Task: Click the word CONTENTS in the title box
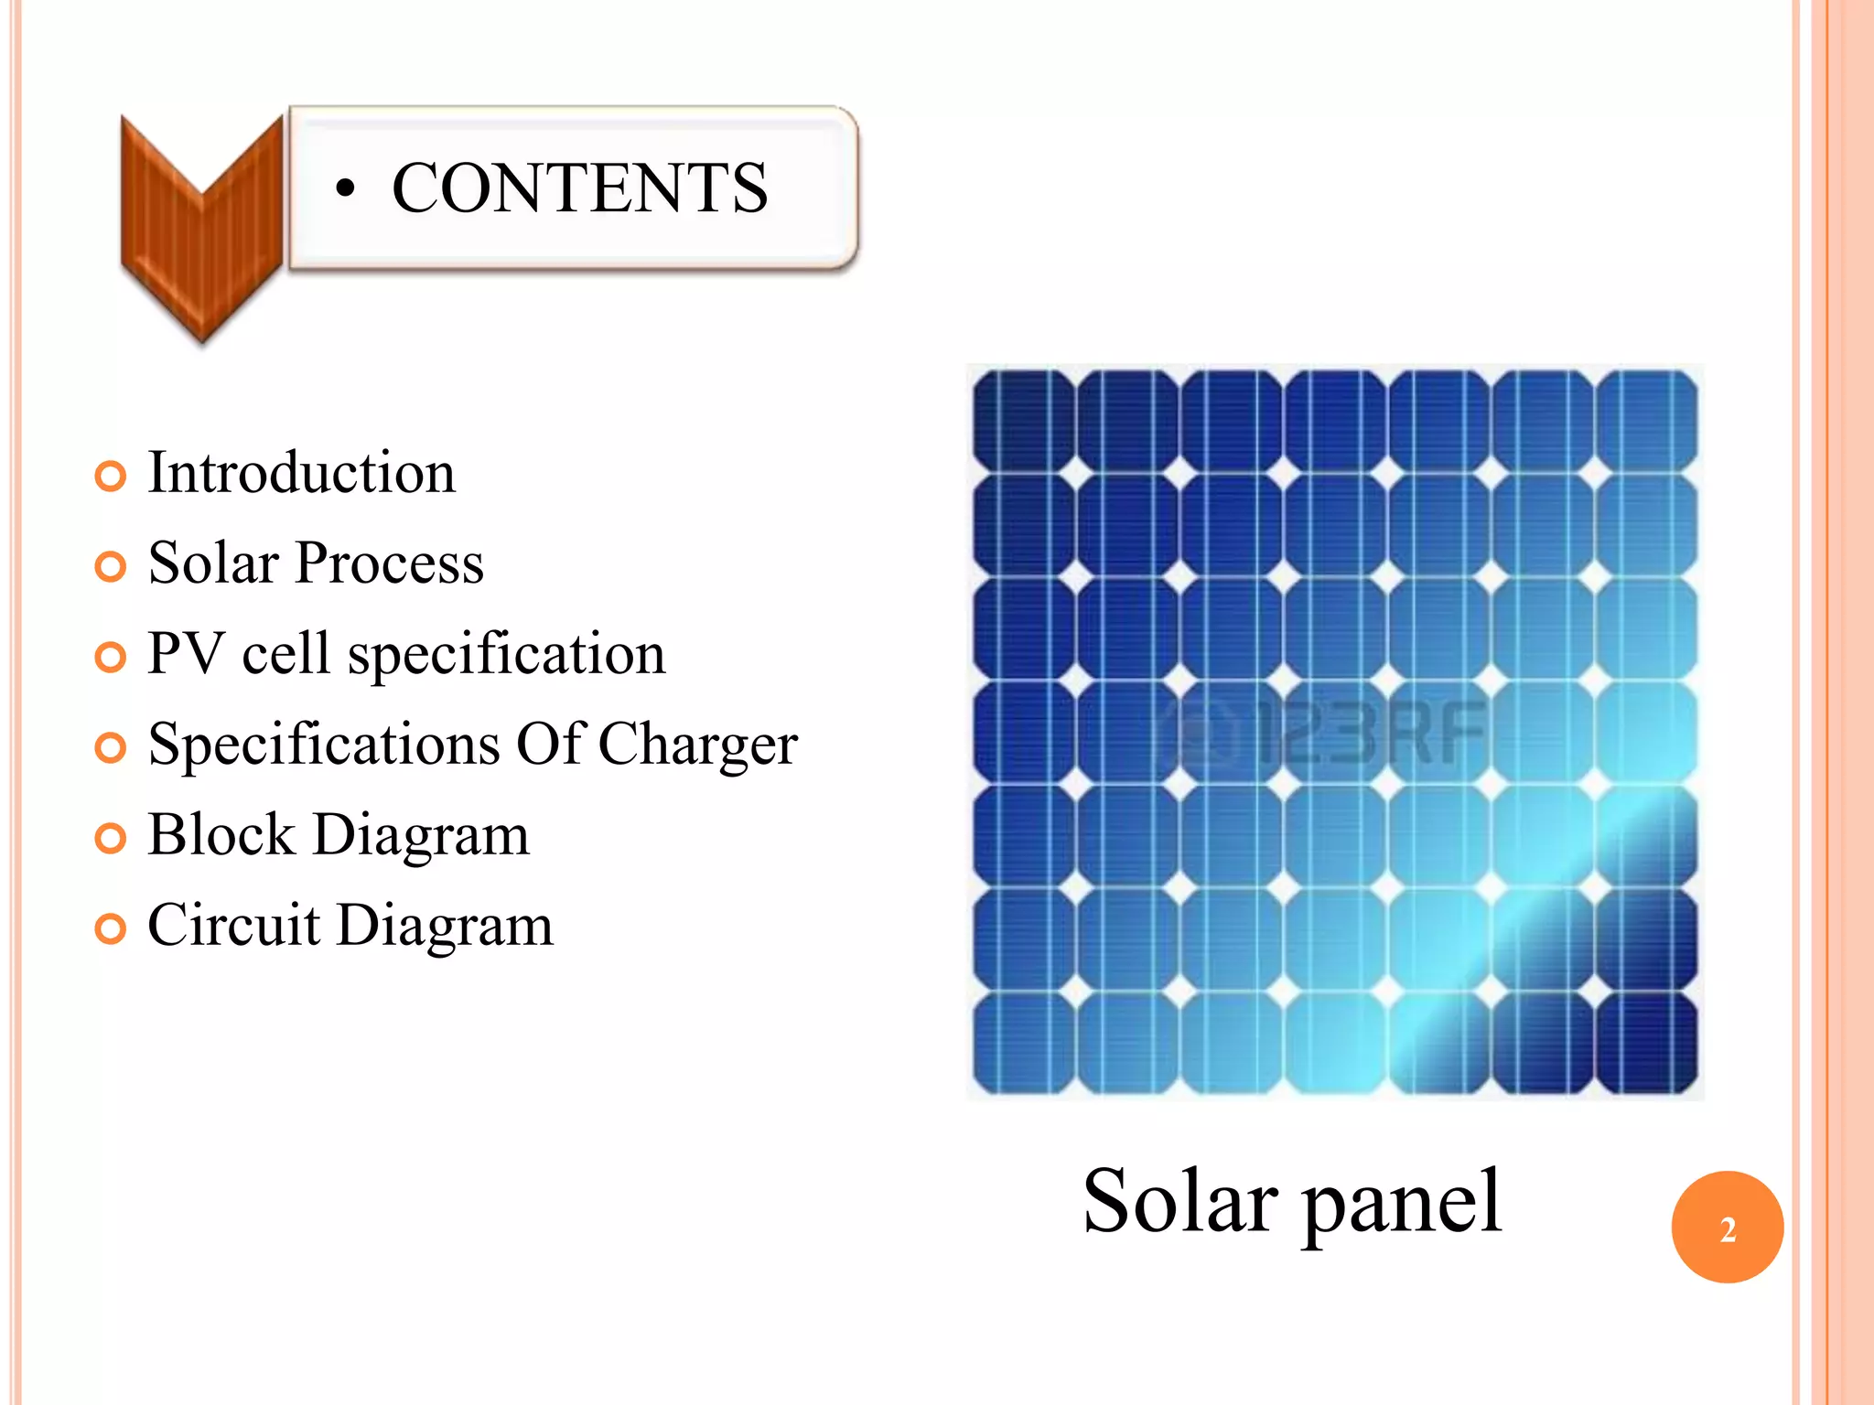(x=579, y=188)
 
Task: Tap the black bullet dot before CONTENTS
(x=344, y=189)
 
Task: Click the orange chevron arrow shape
(x=202, y=229)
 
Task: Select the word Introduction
(x=301, y=473)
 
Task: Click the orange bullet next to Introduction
(x=110, y=476)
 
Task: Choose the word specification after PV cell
(x=506, y=655)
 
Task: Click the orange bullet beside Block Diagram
(x=110, y=838)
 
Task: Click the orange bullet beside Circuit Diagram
(x=110, y=928)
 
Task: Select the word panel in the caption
(x=1402, y=1203)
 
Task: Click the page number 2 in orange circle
(x=1727, y=1228)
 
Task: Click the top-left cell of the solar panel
(x=1023, y=420)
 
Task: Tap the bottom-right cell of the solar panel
(x=1647, y=1043)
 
